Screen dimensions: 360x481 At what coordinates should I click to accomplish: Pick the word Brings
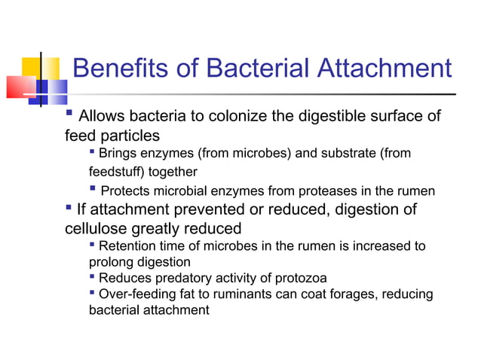click(x=119, y=154)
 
